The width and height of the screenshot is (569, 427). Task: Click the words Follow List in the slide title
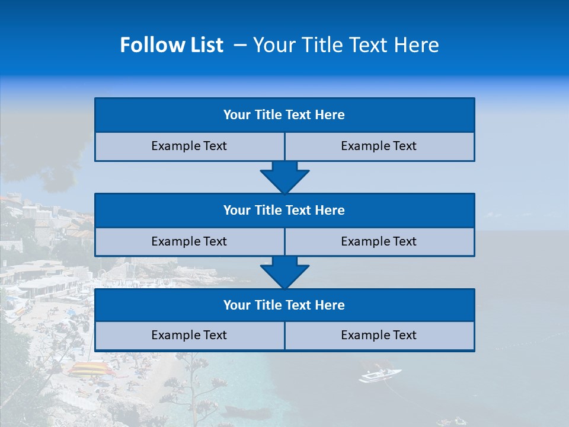coord(171,45)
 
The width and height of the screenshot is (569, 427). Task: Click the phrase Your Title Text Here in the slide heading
coord(346,45)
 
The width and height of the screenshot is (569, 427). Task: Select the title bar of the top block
coord(284,115)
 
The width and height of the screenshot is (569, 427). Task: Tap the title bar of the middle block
coord(284,211)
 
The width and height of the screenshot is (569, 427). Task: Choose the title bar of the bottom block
coord(284,305)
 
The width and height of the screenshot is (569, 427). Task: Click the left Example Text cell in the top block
coord(189,146)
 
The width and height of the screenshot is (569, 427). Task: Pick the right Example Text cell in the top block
coord(379,146)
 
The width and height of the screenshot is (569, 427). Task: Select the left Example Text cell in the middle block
coord(189,242)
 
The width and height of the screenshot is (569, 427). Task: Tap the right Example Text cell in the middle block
coord(379,242)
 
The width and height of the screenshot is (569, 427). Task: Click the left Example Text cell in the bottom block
coord(189,336)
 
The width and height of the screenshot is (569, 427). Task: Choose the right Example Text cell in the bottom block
coord(379,336)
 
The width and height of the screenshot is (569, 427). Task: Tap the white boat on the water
coord(379,375)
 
